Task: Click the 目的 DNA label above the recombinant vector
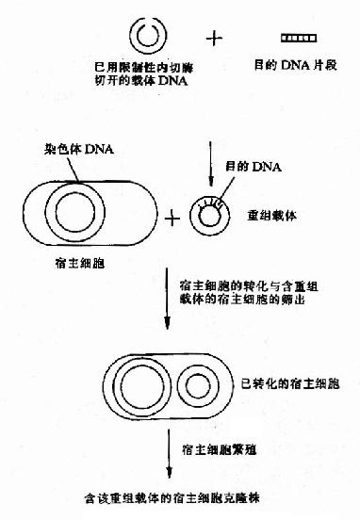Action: pyautogui.click(x=246, y=167)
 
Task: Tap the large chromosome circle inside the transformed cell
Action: pyautogui.click(x=140, y=386)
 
